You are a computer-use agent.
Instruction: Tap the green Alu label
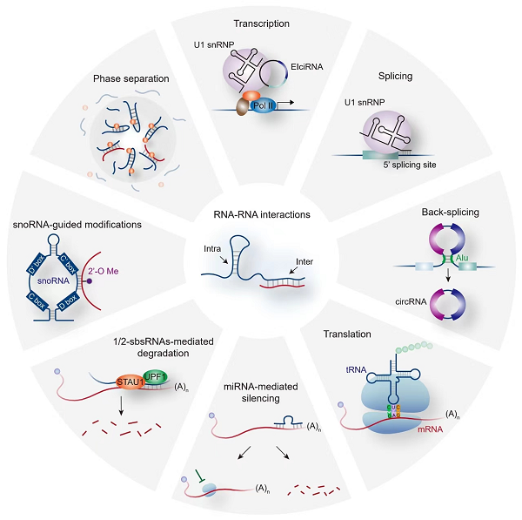[436, 257]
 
